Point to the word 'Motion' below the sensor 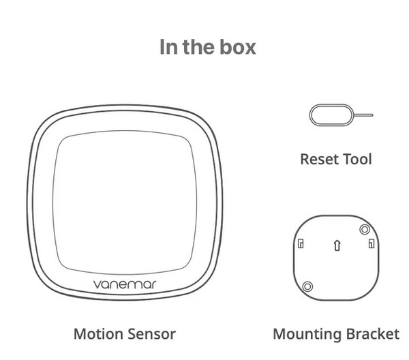click(97, 334)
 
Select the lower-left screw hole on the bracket click(307, 286)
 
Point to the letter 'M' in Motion click(80, 334)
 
